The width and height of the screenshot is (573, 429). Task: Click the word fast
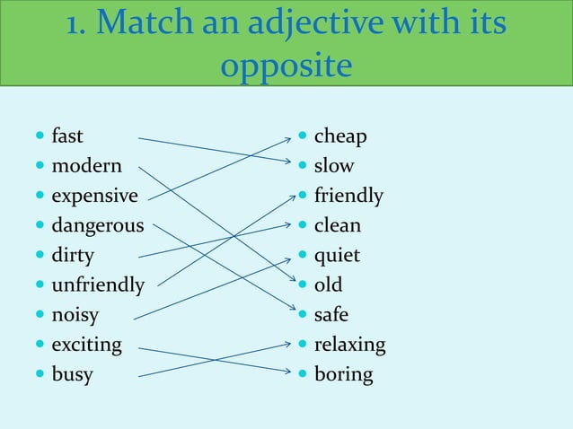tap(67, 137)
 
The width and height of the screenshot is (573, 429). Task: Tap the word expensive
tap(94, 197)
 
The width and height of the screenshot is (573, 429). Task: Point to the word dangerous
tap(97, 226)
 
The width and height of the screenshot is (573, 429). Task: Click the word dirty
tap(73, 257)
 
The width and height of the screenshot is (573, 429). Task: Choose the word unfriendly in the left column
tap(97, 286)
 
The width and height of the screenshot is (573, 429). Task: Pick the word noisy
tap(75, 316)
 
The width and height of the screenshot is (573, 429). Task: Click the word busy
tap(72, 375)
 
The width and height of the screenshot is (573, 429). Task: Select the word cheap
tap(339, 137)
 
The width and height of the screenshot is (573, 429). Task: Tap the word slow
tap(333, 167)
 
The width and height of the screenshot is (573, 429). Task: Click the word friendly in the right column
tap(348, 197)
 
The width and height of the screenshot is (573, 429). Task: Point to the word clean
tap(337, 226)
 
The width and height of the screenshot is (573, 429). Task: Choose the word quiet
tap(337, 257)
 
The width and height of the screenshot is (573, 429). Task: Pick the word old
tap(328, 286)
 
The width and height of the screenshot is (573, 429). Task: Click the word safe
tap(331, 316)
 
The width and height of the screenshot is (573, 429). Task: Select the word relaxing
tap(349, 346)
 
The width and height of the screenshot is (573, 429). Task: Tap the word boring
tap(343, 375)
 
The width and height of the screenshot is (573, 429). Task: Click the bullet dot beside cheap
tap(303, 137)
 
